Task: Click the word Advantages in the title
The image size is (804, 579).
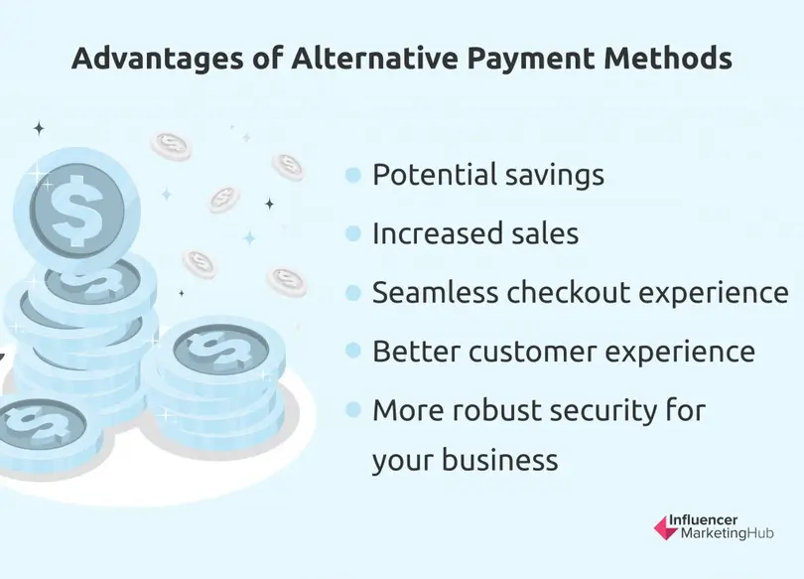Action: (x=158, y=59)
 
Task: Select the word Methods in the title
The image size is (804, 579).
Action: (x=668, y=58)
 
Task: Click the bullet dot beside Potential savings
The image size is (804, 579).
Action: (x=353, y=175)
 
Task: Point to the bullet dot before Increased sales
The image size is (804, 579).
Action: (x=353, y=233)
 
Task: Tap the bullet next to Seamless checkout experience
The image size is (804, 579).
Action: (x=353, y=293)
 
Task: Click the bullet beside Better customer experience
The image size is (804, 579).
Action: (x=353, y=352)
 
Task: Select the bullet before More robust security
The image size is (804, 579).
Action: (x=353, y=410)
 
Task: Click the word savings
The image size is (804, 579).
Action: (x=555, y=177)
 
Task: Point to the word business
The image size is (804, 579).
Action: (x=500, y=460)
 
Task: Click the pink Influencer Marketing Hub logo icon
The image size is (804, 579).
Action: (x=666, y=528)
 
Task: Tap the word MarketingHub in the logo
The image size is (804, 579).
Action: (x=728, y=534)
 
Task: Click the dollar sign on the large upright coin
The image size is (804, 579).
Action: (x=76, y=211)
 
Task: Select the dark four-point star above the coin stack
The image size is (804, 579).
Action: (x=39, y=128)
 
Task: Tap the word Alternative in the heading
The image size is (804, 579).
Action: (x=374, y=58)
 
